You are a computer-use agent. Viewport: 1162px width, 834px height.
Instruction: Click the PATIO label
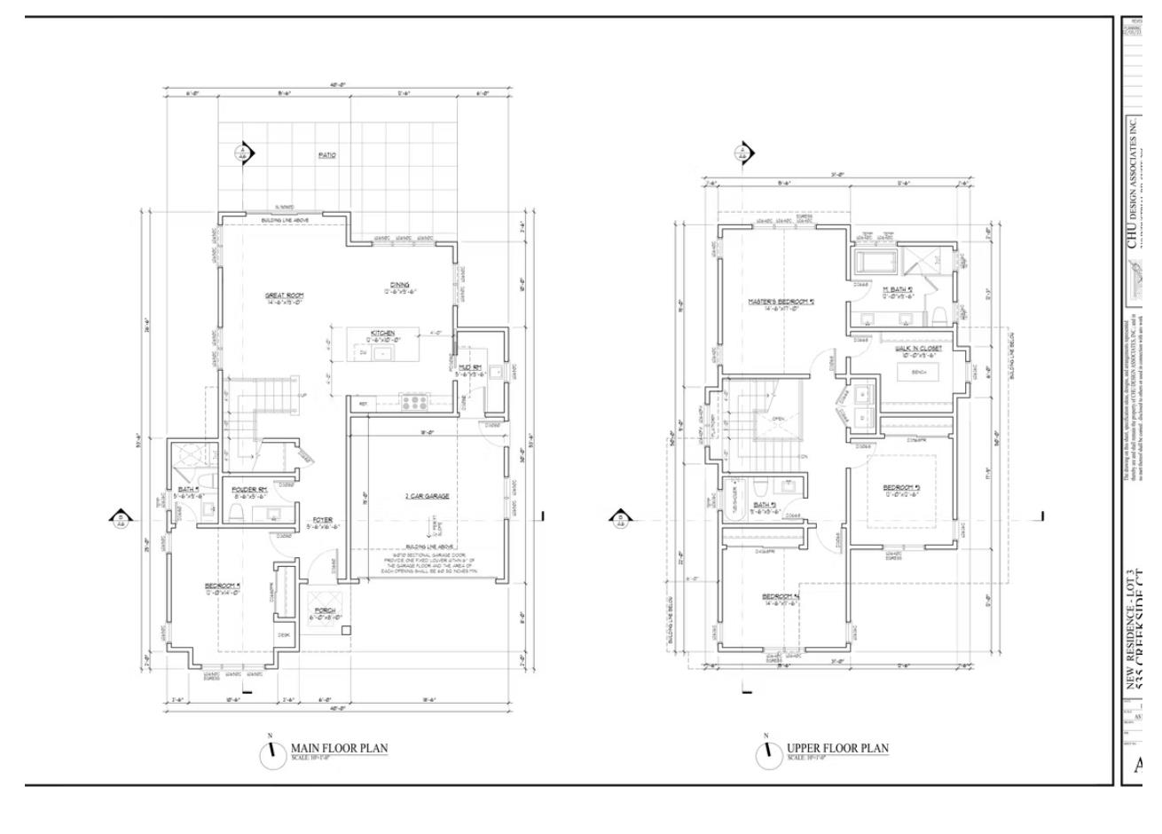327,155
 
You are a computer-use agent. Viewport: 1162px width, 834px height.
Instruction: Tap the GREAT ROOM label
285,295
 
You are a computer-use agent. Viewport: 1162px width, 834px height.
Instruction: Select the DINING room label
399,285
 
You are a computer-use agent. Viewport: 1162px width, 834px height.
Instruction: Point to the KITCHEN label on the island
383,333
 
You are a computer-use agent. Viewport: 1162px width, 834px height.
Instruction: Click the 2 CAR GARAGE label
427,496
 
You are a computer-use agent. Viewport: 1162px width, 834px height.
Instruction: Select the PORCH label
326,610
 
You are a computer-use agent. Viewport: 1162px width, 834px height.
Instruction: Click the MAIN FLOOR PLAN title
339,748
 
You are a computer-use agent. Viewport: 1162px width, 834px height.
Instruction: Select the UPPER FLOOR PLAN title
837,748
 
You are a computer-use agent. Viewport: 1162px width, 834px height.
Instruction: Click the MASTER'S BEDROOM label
781,302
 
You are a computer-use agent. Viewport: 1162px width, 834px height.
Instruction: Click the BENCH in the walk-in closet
918,373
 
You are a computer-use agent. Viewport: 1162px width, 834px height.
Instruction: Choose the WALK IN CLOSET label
918,349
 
